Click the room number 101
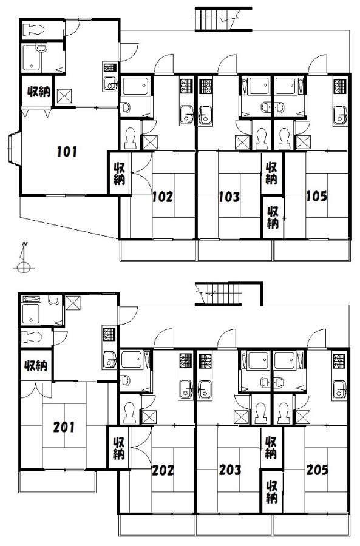(67, 152)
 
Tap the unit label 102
(163, 197)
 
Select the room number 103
(229, 197)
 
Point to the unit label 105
(316, 197)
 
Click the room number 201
(64, 427)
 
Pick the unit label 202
(163, 470)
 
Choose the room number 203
(229, 470)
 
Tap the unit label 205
(317, 470)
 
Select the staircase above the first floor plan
(223, 19)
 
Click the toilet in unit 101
(33, 30)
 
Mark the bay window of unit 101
(15, 149)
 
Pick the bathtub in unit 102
(135, 86)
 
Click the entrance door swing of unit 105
(318, 64)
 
